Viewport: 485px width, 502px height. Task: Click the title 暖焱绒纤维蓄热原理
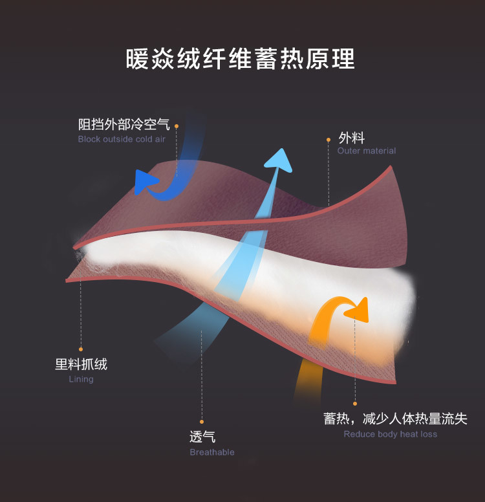point(241,59)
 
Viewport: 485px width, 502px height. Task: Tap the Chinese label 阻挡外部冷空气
point(124,124)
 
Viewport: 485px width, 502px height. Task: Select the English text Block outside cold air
point(122,139)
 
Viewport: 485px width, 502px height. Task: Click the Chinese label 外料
point(352,138)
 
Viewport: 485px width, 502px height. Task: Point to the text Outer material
point(367,151)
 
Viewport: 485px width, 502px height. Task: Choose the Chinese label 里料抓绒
point(81,364)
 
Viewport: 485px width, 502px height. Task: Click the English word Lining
point(81,379)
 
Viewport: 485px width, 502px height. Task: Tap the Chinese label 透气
point(202,437)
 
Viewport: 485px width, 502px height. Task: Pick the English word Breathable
point(212,452)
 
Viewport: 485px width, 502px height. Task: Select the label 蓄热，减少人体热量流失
point(395,419)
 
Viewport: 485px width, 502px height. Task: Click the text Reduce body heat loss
point(391,434)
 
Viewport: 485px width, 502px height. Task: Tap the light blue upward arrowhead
point(279,160)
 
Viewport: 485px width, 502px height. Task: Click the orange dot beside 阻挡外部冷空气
point(176,126)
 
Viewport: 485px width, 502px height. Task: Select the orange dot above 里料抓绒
point(81,349)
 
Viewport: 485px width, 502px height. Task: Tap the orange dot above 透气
point(202,421)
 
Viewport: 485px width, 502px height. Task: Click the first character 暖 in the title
point(138,59)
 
